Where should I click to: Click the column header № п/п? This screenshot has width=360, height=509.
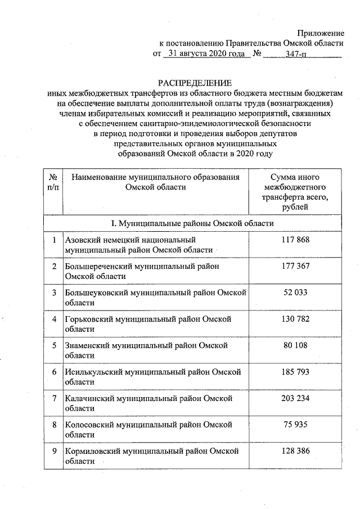[x=54, y=182]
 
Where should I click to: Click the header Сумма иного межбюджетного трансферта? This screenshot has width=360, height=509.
[x=295, y=192]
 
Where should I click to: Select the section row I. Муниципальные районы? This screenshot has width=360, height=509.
[x=192, y=223]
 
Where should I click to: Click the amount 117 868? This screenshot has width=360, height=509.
[x=295, y=240]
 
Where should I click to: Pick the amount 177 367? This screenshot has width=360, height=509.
[x=295, y=266]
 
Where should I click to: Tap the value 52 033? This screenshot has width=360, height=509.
[x=295, y=292]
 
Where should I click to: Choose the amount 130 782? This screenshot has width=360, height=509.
[x=295, y=319]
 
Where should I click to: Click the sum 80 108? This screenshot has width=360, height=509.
[x=295, y=345]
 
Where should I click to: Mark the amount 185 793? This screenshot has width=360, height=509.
[x=295, y=372]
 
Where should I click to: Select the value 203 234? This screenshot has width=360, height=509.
[x=295, y=398]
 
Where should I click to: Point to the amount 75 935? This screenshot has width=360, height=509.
[x=295, y=425]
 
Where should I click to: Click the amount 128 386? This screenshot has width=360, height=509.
[x=295, y=451]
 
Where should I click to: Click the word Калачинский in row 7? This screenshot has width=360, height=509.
[x=88, y=398]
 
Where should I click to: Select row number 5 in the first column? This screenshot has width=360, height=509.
[x=54, y=345]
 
